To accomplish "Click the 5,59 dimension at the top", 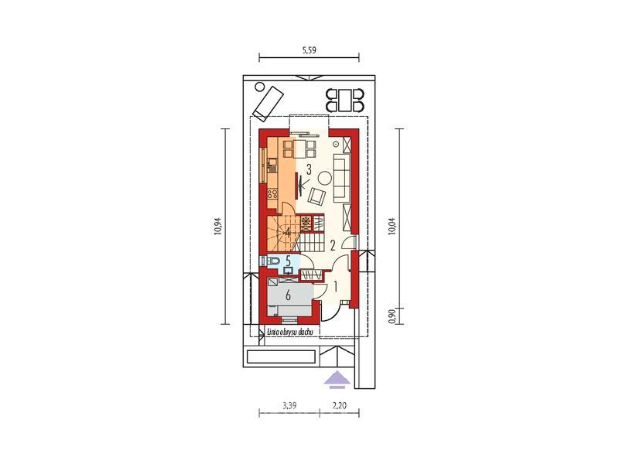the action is [309, 50].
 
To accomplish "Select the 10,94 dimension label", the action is [217, 227].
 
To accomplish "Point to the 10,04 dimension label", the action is [392, 227].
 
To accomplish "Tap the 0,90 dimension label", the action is [392, 316].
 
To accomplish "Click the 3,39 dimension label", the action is [289, 405].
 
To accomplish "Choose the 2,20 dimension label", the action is [339, 405].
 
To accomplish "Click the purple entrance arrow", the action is [337, 379].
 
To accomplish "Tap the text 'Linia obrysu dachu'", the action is [290, 332].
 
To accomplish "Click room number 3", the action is [309, 170].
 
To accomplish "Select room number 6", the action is [288, 295].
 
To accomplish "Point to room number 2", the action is [333, 246].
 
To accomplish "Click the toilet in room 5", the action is [272, 261].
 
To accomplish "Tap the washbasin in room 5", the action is [289, 270].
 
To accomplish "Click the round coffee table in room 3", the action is [326, 178].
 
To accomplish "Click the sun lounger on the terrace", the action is [268, 103].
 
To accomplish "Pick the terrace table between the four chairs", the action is [344, 101].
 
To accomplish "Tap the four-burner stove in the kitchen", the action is [272, 193].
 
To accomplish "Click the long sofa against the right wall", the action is [342, 177].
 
